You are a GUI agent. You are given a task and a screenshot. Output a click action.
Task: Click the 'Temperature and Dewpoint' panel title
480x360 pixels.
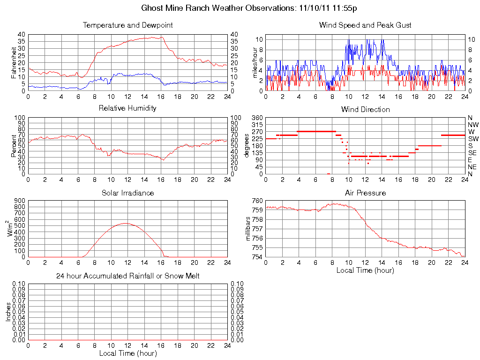click(x=127, y=25)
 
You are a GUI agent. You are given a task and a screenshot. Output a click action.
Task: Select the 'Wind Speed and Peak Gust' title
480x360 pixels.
click(x=365, y=25)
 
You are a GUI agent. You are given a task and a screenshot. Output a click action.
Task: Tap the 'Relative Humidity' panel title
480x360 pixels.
click(x=127, y=108)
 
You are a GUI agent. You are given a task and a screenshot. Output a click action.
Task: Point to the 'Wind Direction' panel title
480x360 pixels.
click(x=365, y=109)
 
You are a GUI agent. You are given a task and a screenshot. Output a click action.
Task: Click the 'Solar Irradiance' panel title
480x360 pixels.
click(x=127, y=193)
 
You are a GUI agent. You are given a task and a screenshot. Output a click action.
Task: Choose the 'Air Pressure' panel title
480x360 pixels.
click(x=365, y=193)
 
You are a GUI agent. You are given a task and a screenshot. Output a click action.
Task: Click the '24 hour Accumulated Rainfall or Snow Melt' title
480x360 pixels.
click(x=127, y=276)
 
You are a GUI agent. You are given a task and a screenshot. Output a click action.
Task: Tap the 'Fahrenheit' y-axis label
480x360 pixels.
click(x=14, y=63)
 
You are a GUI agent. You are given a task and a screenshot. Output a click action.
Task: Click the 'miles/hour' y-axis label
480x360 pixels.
click(x=255, y=63)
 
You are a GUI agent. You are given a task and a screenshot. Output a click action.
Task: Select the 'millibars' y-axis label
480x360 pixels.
click(x=249, y=229)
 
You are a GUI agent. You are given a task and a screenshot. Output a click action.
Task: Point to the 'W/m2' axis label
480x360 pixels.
click(x=11, y=228)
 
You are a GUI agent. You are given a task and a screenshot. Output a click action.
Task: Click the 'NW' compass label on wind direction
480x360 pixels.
click(x=473, y=125)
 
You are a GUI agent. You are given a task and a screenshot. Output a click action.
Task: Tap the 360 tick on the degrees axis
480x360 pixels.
click(x=257, y=118)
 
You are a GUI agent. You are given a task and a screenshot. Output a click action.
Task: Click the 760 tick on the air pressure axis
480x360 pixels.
click(x=257, y=201)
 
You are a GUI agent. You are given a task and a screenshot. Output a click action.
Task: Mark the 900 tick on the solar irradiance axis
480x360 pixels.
click(x=20, y=201)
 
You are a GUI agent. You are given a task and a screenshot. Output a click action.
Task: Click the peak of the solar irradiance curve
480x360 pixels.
click(x=125, y=223)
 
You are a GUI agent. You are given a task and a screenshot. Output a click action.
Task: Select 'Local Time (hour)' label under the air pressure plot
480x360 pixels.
click(x=365, y=270)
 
